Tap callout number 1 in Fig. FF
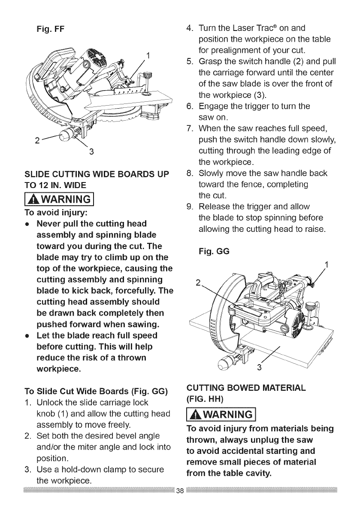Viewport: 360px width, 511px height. [148, 55]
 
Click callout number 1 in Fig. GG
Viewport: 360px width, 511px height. [327, 265]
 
